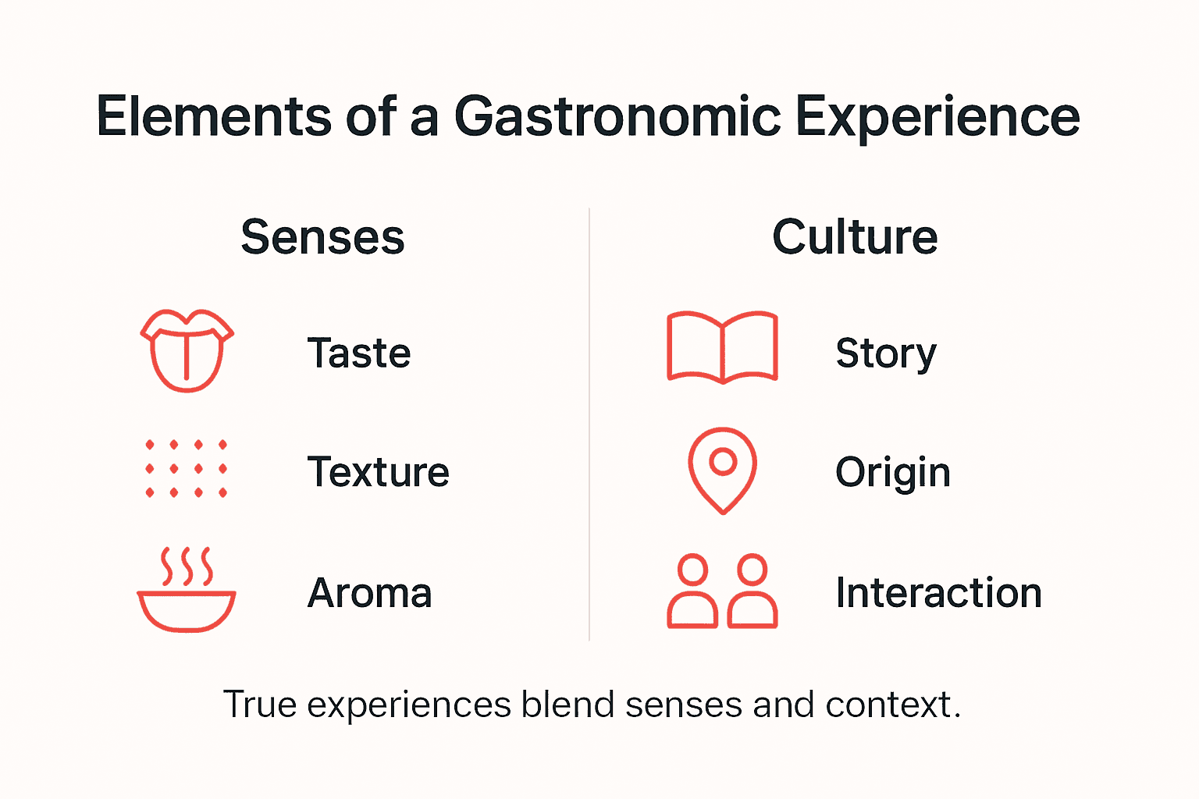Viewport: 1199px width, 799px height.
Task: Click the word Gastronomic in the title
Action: pyautogui.click(x=617, y=117)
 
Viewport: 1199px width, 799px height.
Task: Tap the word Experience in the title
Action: pyautogui.click(x=937, y=117)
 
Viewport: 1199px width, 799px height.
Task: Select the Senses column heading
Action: pyautogui.click(x=322, y=237)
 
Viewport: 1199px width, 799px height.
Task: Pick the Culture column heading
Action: pyautogui.click(x=855, y=237)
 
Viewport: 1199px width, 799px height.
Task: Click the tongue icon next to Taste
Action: pyautogui.click(x=187, y=350)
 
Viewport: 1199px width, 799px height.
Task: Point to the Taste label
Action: pyautogui.click(x=359, y=353)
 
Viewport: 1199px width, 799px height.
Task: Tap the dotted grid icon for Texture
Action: pyautogui.click(x=187, y=468)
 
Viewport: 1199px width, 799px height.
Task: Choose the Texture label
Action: pyautogui.click(x=378, y=472)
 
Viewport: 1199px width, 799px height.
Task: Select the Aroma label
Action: pyautogui.click(x=369, y=593)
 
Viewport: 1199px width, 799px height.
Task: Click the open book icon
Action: pyautogui.click(x=722, y=347)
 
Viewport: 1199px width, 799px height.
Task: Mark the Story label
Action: pyautogui.click(x=885, y=353)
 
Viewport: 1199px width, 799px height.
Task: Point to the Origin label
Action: pyautogui.click(x=892, y=473)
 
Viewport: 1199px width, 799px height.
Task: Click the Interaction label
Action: pyautogui.click(x=938, y=593)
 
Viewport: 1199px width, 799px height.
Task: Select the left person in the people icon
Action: pyautogui.click(x=692, y=592)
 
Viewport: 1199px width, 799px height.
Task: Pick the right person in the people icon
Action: pyautogui.click(x=752, y=592)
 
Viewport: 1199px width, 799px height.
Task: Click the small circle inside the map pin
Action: pyautogui.click(x=724, y=461)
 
